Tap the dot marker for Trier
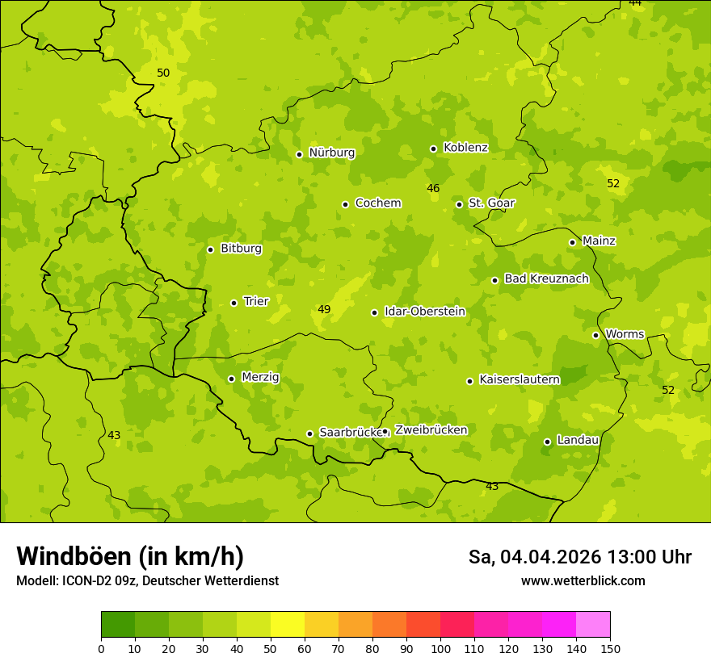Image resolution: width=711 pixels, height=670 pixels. click(x=234, y=303)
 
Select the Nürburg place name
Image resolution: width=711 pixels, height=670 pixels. click(x=331, y=153)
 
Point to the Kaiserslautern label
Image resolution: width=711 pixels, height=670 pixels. click(x=520, y=379)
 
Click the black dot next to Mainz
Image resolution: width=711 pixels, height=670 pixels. click(x=572, y=242)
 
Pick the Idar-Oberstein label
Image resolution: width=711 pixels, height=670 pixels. click(x=424, y=312)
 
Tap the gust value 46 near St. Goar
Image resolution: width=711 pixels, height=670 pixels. click(x=433, y=188)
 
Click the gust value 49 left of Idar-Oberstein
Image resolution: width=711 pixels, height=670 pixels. click(x=324, y=309)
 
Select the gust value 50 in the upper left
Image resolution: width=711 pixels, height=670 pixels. click(x=163, y=73)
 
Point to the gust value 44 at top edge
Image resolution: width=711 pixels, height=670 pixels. click(x=635, y=3)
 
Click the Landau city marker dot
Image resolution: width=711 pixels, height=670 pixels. click(x=547, y=442)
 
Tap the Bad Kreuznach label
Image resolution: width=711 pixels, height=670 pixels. click(x=546, y=278)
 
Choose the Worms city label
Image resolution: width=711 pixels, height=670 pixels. click(x=624, y=334)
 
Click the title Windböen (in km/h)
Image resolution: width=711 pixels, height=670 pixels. click(x=130, y=556)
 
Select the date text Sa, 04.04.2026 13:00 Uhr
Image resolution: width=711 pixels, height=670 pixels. click(x=580, y=557)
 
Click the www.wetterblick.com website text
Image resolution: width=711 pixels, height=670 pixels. click(x=583, y=580)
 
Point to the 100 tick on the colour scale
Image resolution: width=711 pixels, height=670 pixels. click(x=440, y=647)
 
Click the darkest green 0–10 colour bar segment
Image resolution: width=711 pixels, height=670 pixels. click(x=118, y=625)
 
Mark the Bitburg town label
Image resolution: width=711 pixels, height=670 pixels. click(x=241, y=249)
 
